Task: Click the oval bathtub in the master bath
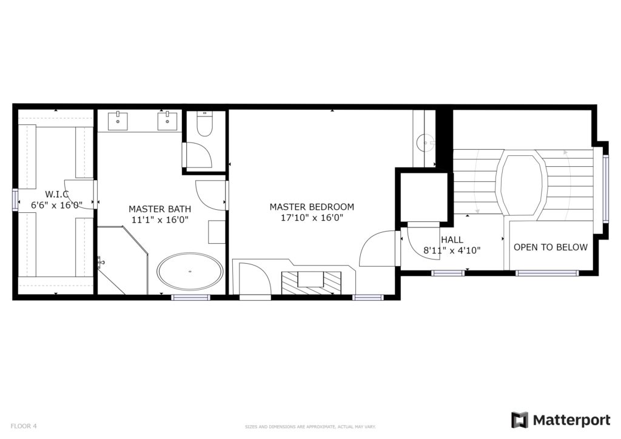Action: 190,272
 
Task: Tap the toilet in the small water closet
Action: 205,124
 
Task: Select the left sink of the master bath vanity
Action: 118,121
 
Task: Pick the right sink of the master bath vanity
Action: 168,121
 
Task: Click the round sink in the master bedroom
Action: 426,142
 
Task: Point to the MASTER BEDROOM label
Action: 312,207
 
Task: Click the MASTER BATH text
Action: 159,209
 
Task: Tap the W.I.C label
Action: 56,194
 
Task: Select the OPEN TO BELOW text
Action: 551,247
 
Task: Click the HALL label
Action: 452,240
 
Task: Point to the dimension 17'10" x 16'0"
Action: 312,217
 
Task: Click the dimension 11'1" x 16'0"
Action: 159,219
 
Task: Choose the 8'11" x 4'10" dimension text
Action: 452,250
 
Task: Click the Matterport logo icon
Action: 520,420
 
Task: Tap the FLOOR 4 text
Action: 24,426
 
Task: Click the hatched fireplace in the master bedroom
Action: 311,283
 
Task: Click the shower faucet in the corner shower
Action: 101,262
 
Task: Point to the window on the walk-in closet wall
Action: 15,199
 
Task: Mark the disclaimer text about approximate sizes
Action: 310,427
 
